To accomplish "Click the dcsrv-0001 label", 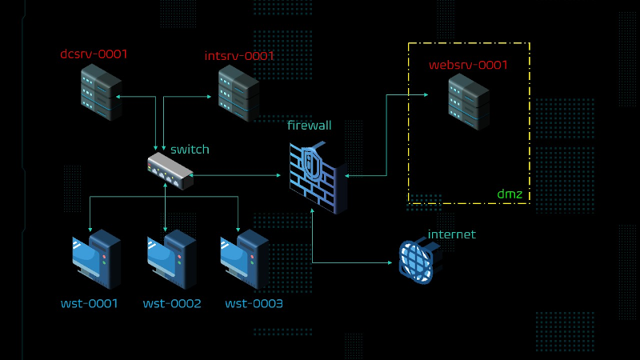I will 94,54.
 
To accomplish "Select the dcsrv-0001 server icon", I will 101,93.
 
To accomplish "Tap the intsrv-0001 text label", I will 239,56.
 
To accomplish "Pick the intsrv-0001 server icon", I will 238,94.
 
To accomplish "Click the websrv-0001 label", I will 469,65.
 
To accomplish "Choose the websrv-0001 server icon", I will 468,102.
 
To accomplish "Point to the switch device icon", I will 170,170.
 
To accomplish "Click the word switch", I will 190,150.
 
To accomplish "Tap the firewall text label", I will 310,126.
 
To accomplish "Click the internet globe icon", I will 419,260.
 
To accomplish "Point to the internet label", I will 452,234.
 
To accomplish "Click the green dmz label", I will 510,194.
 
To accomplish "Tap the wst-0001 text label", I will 89,304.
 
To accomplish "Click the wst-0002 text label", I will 172,304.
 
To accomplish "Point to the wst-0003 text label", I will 254,304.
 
